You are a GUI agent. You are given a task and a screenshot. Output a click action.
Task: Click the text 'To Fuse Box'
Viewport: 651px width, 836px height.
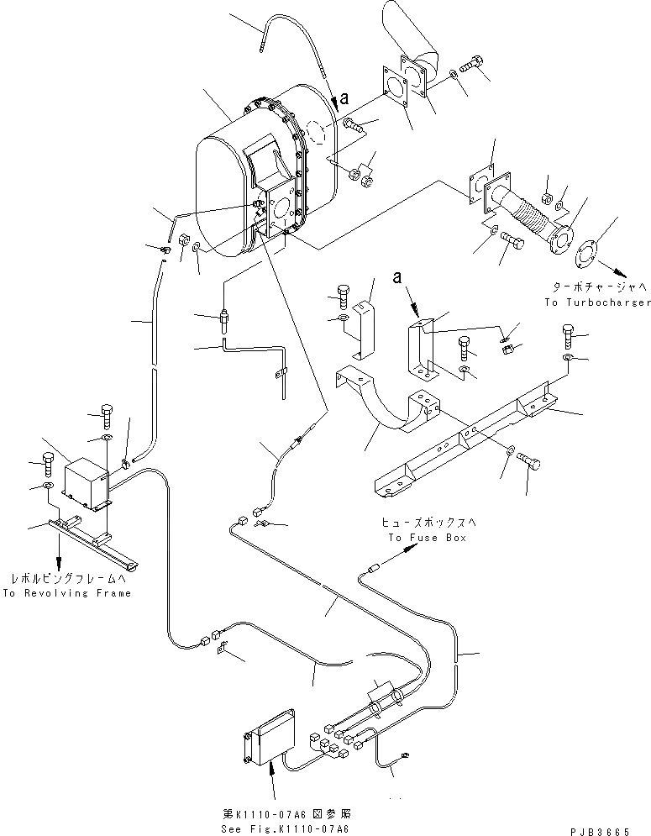(x=426, y=537)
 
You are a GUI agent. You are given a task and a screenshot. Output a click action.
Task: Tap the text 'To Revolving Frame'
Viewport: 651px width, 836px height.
(x=67, y=593)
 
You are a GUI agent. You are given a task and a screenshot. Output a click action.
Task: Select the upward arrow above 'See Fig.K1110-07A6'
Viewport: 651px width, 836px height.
(x=271, y=786)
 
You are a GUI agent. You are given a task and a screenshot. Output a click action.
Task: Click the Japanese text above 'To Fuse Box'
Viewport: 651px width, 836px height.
(x=425, y=523)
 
